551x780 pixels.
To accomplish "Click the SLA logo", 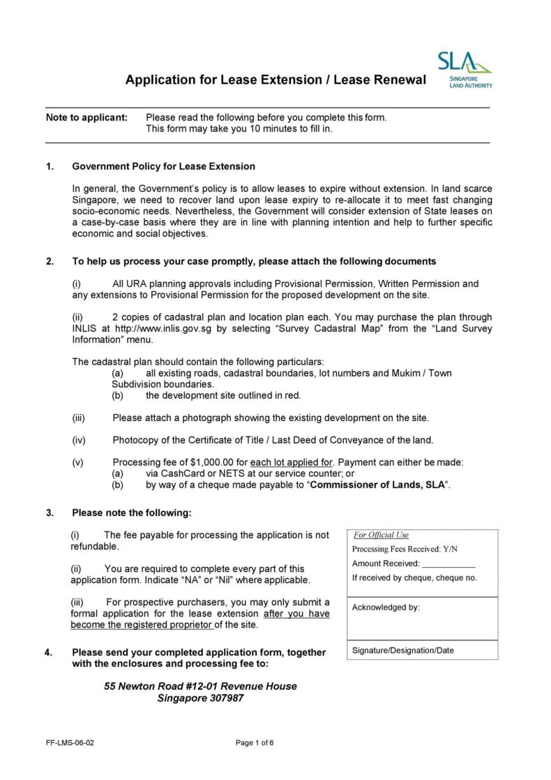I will click(x=465, y=69).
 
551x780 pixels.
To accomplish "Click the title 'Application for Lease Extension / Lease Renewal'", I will click(x=275, y=80).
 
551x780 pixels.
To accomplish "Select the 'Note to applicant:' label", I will click(x=86, y=117).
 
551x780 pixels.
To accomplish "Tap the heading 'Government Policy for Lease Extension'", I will click(x=163, y=166).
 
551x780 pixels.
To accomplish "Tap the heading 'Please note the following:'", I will click(x=131, y=513).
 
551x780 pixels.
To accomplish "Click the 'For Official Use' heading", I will click(x=381, y=535).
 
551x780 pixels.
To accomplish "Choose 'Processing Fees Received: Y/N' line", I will click(x=405, y=550).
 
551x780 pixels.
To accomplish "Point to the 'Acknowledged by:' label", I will click(x=386, y=608).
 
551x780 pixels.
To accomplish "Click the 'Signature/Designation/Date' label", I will click(x=402, y=650).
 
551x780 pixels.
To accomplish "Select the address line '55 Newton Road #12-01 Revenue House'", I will click(x=200, y=686).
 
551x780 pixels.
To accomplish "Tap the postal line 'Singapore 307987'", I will click(x=200, y=698).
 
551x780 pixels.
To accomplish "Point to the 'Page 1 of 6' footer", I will click(x=255, y=743).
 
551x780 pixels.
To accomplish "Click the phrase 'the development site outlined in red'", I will click(x=223, y=395).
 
